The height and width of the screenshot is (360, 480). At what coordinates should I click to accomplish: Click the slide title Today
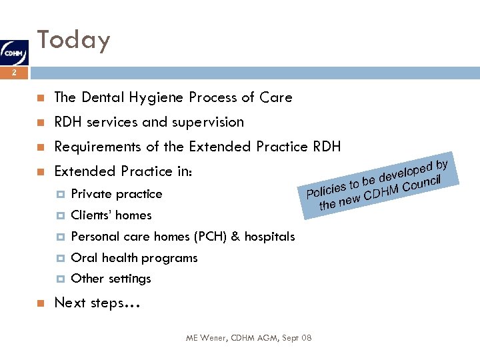pyautogui.click(x=73, y=40)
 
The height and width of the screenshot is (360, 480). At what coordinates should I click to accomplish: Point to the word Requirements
pyautogui.click(x=97, y=147)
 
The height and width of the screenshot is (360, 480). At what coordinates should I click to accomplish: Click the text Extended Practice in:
pyautogui.click(x=123, y=171)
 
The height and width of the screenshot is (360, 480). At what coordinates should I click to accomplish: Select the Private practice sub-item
pyautogui.click(x=116, y=194)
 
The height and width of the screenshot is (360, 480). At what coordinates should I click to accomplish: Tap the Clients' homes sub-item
pyautogui.click(x=111, y=215)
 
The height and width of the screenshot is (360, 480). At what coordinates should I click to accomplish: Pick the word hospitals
pyautogui.click(x=269, y=237)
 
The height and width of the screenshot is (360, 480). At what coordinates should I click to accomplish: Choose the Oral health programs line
pyautogui.click(x=134, y=258)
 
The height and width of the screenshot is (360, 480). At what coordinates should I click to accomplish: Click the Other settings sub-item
pyautogui.click(x=111, y=279)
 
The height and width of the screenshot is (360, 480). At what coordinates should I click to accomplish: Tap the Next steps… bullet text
pyautogui.click(x=97, y=303)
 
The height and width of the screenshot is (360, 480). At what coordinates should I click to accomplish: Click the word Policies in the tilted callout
pyautogui.click(x=326, y=189)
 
